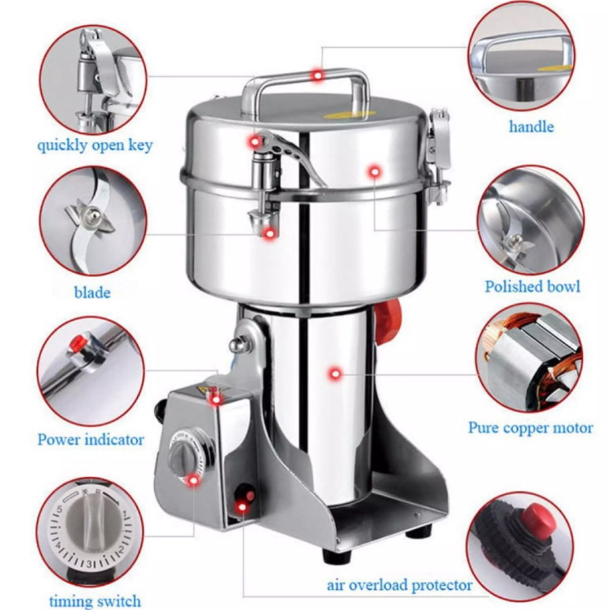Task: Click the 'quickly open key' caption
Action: click(x=95, y=145)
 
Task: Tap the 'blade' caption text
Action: click(x=92, y=292)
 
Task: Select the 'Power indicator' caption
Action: click(x=91, y=440)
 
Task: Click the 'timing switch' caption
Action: click(x=95, y=601)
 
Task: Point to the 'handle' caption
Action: click(x=531, y=126)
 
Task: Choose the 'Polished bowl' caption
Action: click(x=532, y=287)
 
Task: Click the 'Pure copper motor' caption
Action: click(x=531, y=428)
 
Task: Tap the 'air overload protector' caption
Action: click(x=399, y=585)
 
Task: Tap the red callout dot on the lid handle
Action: click(x=318, y=75)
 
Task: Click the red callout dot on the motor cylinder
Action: click(x=335, y=374)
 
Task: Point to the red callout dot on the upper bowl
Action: click(x=374, y=171)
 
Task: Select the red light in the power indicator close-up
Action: click(x=78, y=342)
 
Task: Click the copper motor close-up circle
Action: click(x=529, y=358)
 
